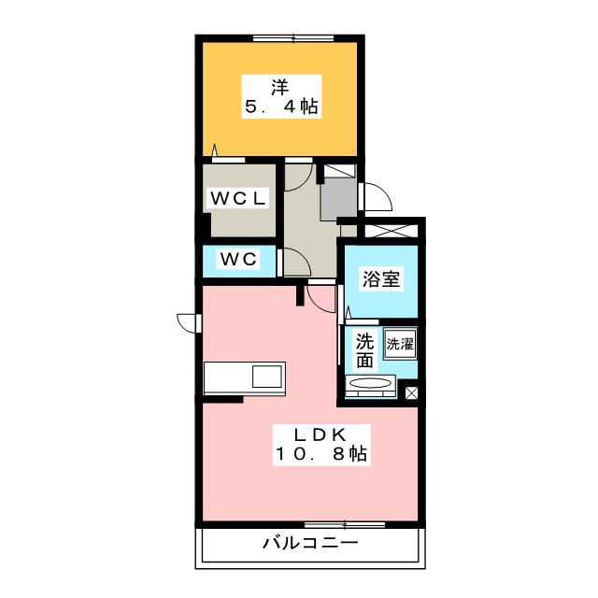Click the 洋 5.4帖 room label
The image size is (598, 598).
coord(281,97)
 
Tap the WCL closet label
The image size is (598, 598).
coord(238,198)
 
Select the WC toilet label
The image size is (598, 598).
coord(239,260)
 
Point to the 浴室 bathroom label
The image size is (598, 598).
coord(380,278)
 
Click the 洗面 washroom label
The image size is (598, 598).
coord(364,351)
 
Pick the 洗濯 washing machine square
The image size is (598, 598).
coord(400,343)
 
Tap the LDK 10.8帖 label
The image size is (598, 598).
coord(321,445)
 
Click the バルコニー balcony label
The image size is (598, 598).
coord(310,543)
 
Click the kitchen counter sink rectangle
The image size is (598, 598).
coord(268,377)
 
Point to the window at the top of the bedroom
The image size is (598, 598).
coord(293,38)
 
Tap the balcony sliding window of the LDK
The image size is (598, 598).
coord(345,525)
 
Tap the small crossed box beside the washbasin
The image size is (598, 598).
coord(411,392)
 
